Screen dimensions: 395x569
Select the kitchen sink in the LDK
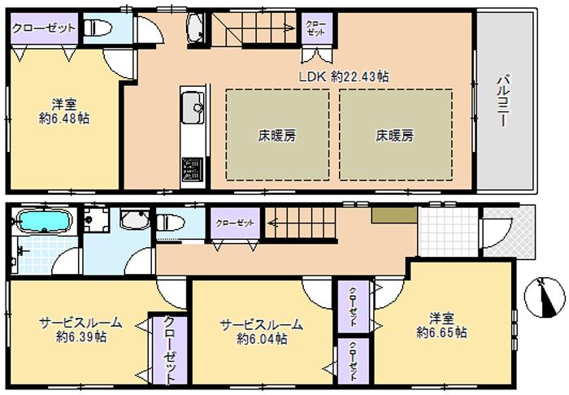tap(193, 105)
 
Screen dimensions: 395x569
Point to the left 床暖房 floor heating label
tap(278, 136)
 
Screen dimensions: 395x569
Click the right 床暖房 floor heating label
tap(395, 136)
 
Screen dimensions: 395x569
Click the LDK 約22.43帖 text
tap(341, 76)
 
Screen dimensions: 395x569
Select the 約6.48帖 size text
tap(64, 118)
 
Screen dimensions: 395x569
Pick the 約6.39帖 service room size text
tap(80, 335)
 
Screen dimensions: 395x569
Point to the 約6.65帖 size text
tap(441, 332)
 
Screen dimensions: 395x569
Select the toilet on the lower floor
tap(171, 223)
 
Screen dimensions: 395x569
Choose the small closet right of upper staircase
tap(315, 29)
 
